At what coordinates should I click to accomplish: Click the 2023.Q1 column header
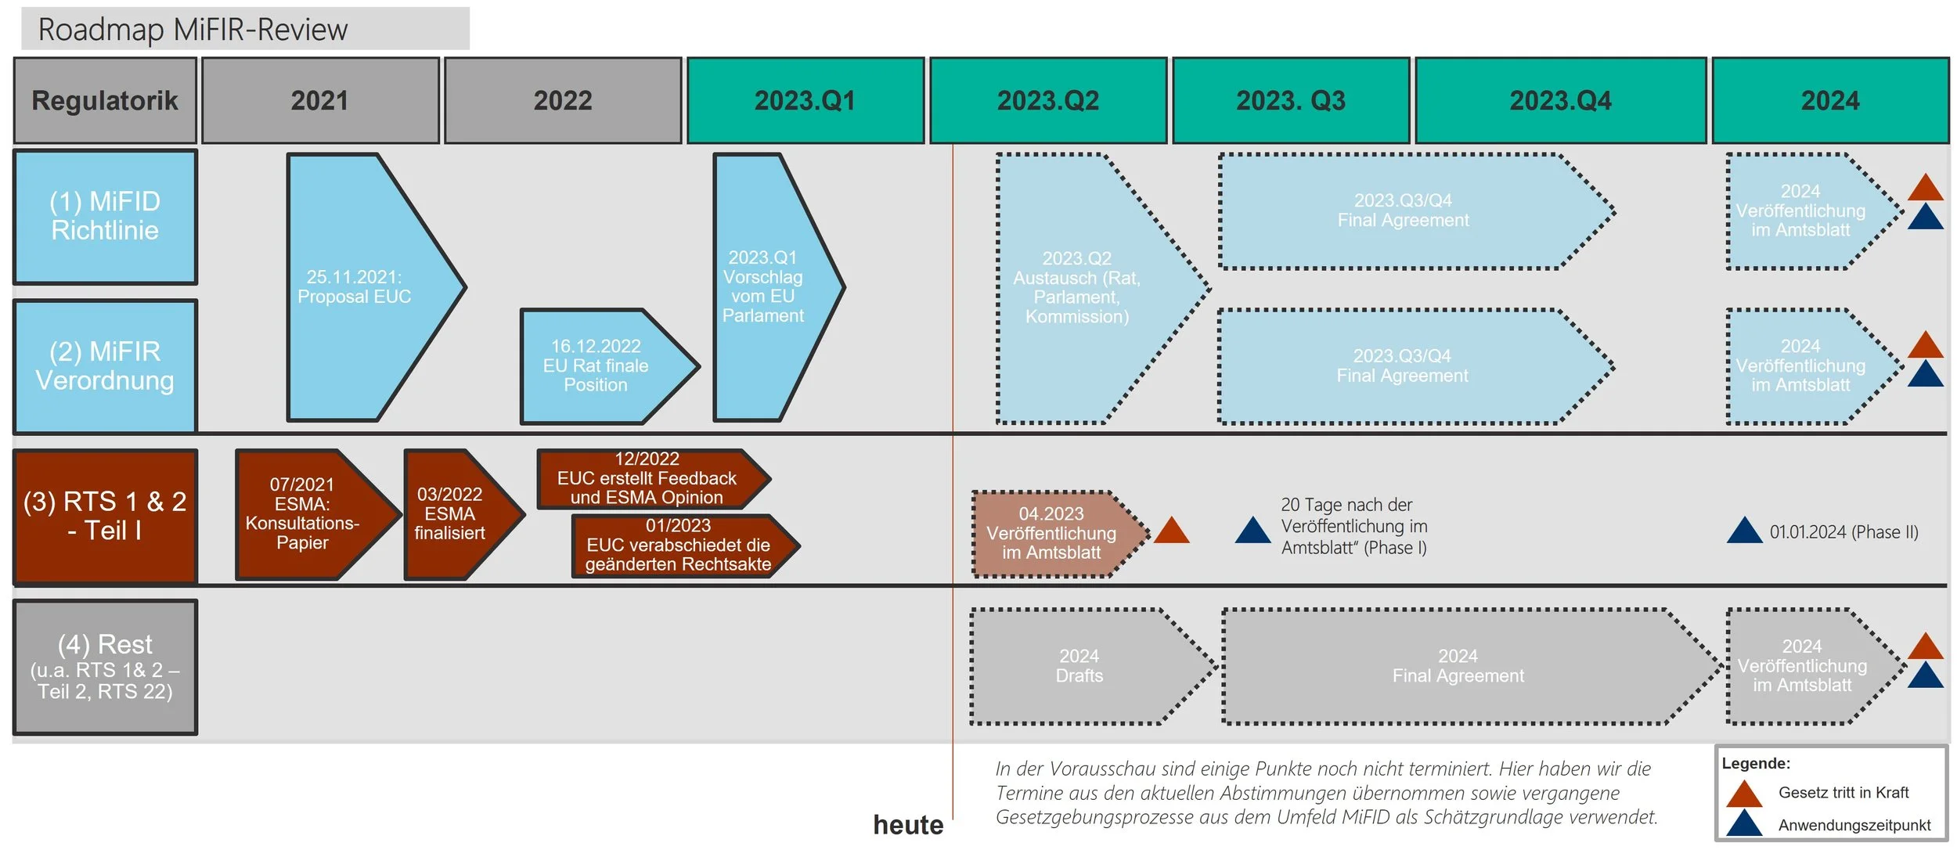click(805, 100)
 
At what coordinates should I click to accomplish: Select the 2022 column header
click(562, 100)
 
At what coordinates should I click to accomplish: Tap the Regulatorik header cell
click(105, 100)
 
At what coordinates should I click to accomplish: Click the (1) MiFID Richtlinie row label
click(105, 216)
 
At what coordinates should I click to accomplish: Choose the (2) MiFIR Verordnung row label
click(105, 365)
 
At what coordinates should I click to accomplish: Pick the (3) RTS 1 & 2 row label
click(105, 516)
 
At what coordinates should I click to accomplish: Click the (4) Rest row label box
click(105, 667)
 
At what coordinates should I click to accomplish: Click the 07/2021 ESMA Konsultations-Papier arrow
click(305, 513)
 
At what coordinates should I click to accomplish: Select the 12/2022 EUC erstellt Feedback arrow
click(646, 478)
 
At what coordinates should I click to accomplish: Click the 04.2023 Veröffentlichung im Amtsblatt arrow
click(1051, 533)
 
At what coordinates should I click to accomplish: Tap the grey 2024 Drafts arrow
click(1080, 666)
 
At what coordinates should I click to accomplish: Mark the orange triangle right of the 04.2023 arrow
click(1171, 531)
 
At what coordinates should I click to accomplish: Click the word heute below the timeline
click(908, 825)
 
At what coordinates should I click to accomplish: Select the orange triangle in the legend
click(1744, 794)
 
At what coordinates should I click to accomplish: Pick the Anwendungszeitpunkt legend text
click(1854, 825)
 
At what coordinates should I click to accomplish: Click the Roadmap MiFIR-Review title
click(193, 30)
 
